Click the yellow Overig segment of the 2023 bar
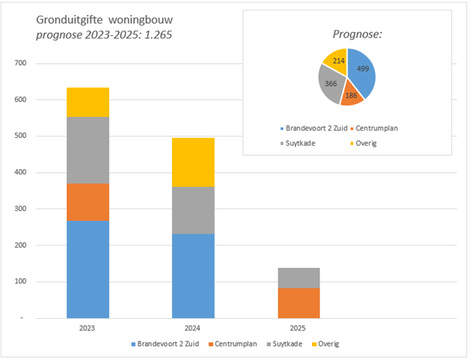88,102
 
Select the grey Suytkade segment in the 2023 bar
88,150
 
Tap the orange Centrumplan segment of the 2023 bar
88,202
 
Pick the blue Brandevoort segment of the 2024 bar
193,275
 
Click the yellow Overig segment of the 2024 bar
193,162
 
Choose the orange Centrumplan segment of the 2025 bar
298,302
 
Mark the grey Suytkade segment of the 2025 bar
298,278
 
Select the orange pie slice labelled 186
350,94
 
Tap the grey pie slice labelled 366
330,82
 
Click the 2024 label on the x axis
193,329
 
